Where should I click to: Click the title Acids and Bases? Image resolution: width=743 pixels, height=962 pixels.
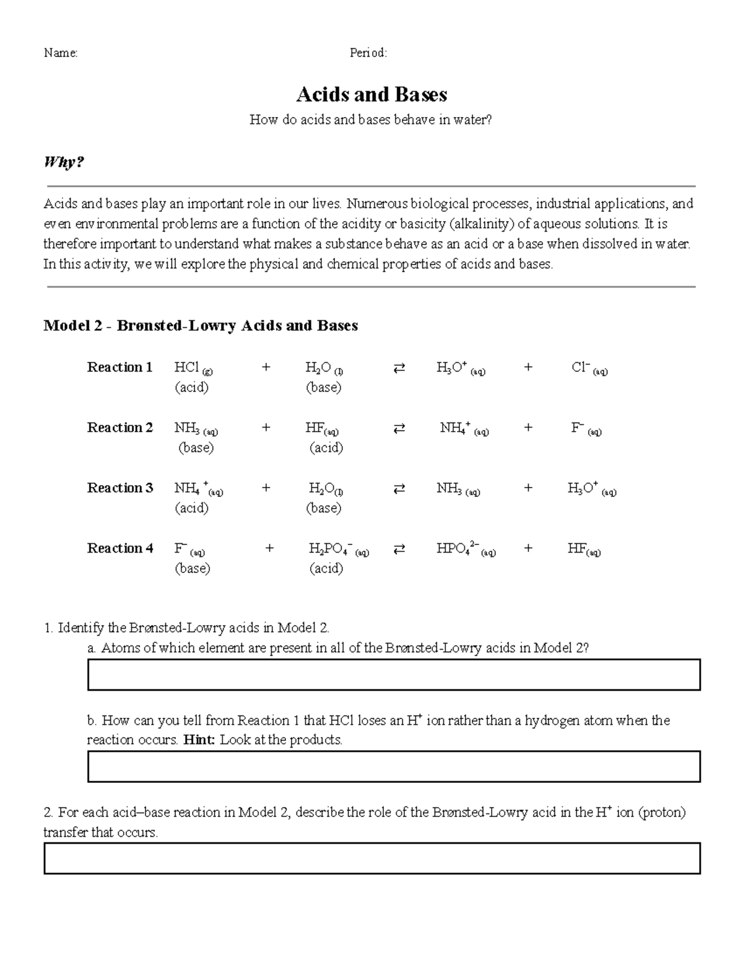(x=371, y=95)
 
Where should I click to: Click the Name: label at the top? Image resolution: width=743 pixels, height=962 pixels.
(x=61, y=53)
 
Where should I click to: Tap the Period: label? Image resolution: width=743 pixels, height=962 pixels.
(x=368, y=53)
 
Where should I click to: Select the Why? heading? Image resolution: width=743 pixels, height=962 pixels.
(x=63, y=162)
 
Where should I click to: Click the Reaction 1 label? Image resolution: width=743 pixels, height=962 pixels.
(x=119, y=367)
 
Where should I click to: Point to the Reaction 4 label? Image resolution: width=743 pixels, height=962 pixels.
(x=119, y=548)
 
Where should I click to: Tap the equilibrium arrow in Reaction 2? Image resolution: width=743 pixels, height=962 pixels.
(x=399, y=428)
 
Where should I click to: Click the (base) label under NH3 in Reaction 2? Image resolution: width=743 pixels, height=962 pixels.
(x=196, y=448)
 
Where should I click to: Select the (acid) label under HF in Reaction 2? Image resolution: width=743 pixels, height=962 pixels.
(x=326, y=448)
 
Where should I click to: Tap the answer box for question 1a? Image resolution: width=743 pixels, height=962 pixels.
(x=394, y=675)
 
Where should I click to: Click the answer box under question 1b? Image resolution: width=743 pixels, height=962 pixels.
(x=394, y=766)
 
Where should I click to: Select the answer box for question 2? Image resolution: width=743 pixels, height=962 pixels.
(x=371, y=858)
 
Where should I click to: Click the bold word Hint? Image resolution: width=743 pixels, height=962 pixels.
(x=199, y=740)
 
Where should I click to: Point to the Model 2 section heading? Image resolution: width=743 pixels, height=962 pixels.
(x=201, y=326)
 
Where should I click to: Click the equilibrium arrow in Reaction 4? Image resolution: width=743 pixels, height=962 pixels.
(x=399, y=549)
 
